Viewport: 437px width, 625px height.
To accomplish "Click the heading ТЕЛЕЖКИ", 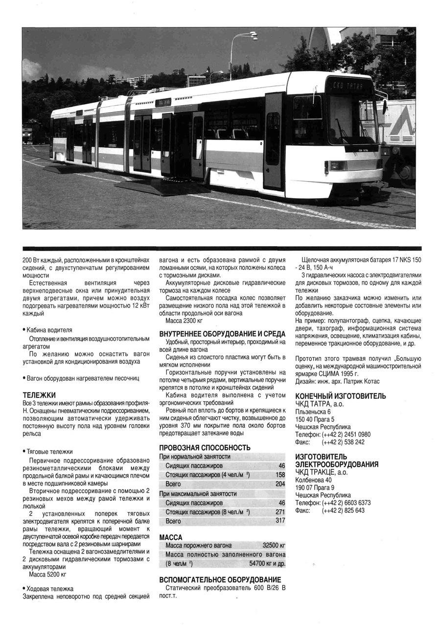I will coord(39,394).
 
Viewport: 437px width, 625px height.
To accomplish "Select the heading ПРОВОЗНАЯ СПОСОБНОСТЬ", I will coord(205,447).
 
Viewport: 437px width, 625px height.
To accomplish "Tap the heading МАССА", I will coord(171,537).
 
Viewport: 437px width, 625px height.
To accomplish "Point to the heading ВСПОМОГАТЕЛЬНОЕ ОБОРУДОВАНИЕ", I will coord(220,580).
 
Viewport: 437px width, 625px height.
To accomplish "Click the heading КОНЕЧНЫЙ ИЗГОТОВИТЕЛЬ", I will coord(340,396).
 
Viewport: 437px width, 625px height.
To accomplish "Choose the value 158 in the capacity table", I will coord(280,475).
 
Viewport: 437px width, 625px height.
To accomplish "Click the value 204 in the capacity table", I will coord(280,484).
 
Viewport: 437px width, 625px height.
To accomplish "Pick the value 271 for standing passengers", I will coord(280,512).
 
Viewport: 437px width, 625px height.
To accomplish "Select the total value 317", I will coord(280,521).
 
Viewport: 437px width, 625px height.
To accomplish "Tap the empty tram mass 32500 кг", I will coord(274,545).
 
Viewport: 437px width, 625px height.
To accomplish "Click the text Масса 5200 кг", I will coord(47,574).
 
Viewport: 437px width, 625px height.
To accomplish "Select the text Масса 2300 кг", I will coord(184,321).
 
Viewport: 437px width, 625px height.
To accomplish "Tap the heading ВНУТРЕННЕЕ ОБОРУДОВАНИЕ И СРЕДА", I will coord(222,334).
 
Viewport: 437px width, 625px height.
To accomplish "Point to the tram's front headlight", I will coord(337,165).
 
